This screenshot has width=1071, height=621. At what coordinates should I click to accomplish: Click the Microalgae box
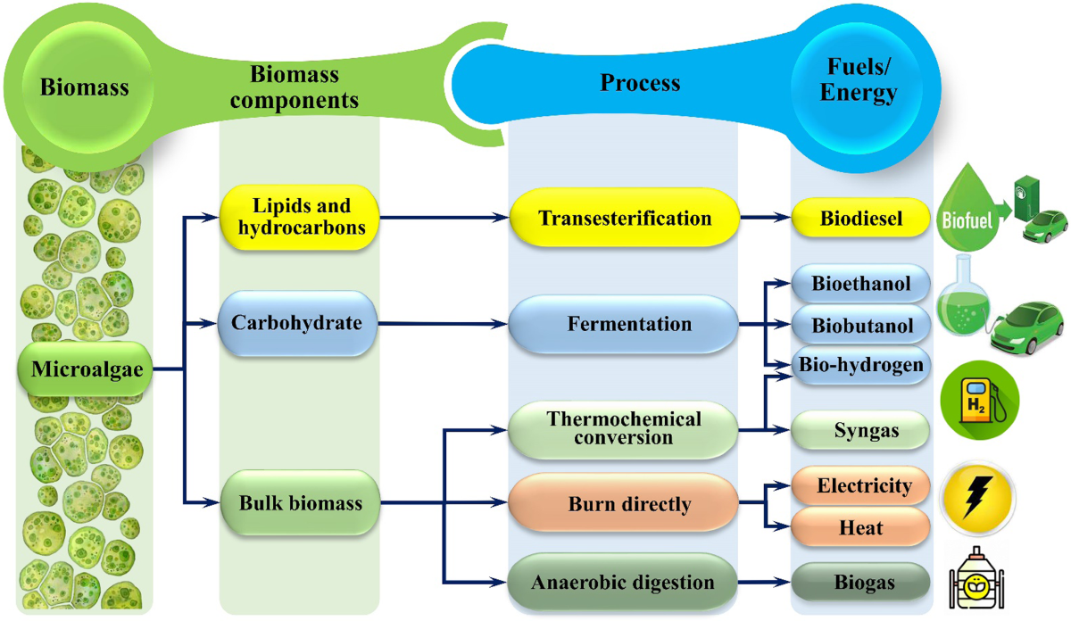86,368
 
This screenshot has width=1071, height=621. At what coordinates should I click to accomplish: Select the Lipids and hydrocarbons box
301,217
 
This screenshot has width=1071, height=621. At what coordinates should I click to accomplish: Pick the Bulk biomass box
300,503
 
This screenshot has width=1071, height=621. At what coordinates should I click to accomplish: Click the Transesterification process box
625,218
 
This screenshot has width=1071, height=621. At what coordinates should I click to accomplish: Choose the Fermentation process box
625,323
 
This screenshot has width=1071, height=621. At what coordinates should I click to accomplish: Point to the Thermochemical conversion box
624,428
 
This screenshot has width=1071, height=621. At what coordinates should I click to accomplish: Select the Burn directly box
625,504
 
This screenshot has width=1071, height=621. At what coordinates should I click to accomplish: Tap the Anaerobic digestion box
624,583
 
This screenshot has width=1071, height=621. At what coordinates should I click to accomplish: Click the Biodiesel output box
861,219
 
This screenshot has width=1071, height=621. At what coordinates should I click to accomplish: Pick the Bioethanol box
861,284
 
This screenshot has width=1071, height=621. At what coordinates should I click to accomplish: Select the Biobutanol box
861,326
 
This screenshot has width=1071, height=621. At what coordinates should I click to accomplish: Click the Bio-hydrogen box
861,366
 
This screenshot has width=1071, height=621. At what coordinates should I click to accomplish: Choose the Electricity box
861,486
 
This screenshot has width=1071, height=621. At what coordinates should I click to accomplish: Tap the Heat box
861,527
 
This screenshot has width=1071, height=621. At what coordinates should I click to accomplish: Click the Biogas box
861,584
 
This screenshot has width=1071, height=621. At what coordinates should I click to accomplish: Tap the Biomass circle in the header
85,87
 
